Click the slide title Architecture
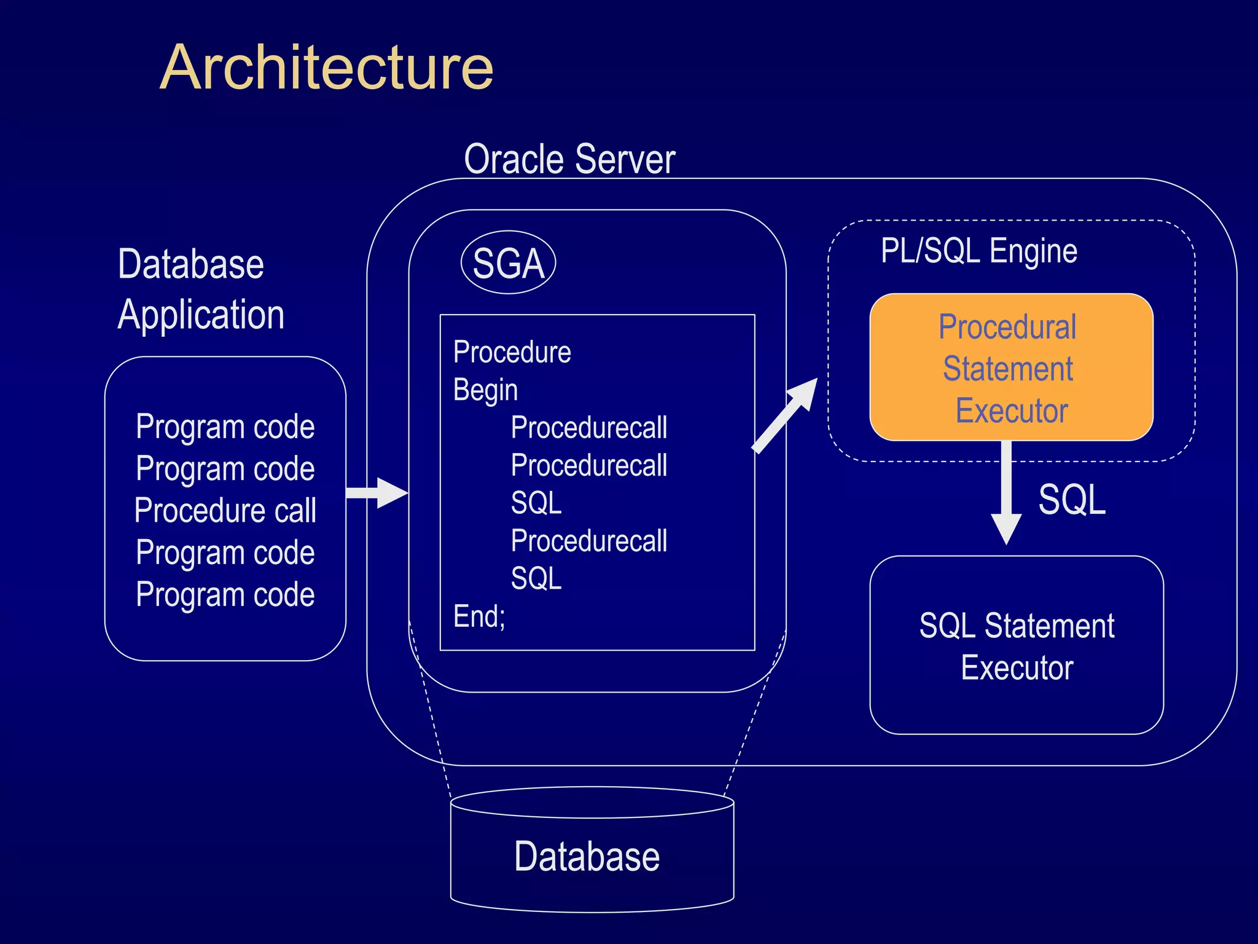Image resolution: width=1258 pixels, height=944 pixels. click(326, 68)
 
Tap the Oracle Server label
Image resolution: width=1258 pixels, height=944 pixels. click(569, 159)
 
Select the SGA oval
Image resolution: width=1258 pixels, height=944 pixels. click(508, 263)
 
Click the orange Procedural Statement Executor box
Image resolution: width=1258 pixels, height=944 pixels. click(1010, 368)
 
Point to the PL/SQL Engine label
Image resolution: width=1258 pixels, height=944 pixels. click(979, 251)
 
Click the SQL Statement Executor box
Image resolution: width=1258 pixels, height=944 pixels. click(1016, 645)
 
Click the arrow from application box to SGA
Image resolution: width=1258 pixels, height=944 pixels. click(376, 493)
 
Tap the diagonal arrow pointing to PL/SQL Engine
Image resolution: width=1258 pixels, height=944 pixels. click(785, 416)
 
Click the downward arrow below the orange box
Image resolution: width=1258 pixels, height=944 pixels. click(1006, 492)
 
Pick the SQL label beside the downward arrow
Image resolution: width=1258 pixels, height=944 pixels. click(1071, 499)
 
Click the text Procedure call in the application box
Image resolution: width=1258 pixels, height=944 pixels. click(225, 510)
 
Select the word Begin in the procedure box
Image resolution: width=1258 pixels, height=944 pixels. click(485, 390)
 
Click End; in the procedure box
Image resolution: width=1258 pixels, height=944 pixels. click(479, 616)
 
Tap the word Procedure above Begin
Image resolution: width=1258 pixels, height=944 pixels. click(512, 352)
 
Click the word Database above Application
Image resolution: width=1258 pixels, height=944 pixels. click(190, 264)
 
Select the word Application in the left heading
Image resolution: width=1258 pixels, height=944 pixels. click(201, 315)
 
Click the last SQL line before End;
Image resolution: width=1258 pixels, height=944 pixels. click(536, 578)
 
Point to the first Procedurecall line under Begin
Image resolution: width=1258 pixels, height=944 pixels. click(588, 428)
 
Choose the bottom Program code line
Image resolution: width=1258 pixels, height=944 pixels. click(225, 594)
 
